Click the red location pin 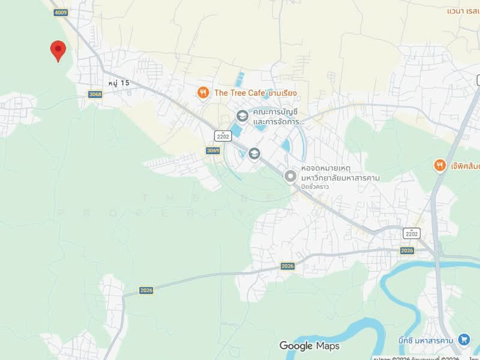(x=58, y=50)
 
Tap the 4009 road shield (x=60, y=12)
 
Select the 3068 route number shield (x=95, y=94)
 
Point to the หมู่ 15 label (x=119, y=83)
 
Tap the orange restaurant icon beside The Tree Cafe (x=203, y=92)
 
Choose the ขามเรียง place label (x=282, y=93)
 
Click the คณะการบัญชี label (x=275, y=112)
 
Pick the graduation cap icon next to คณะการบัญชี (x=242, y=116)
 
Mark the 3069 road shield (x=212, y=151)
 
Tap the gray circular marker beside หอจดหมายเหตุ (x=290, y=176)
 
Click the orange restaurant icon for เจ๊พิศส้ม (x=440, y=165)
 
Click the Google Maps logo (x=309, y=346)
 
